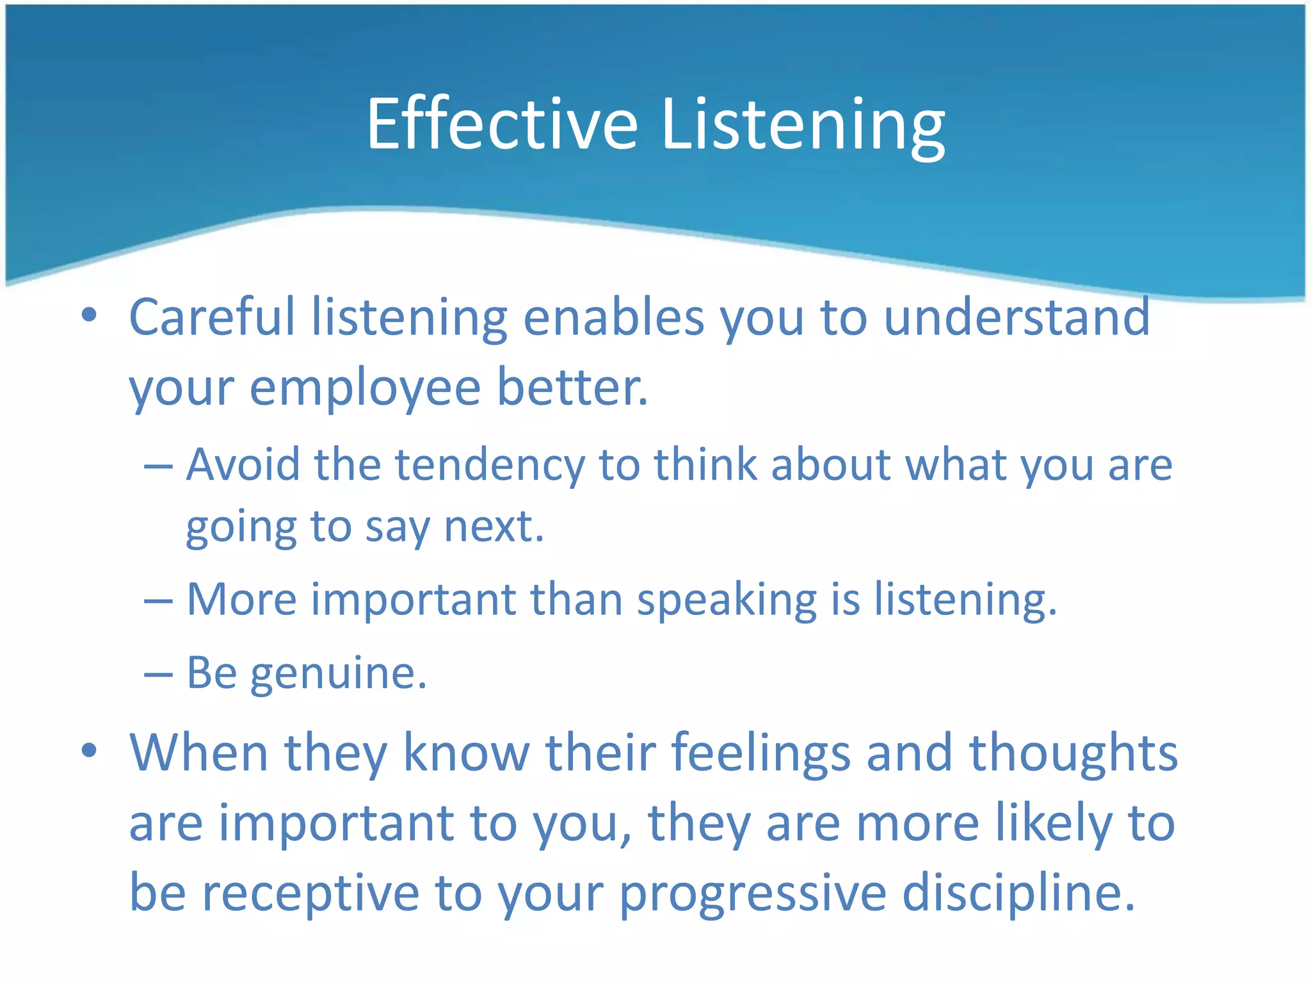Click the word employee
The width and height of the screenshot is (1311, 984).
[x=365, y=388]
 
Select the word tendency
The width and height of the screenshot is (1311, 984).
[x=490, y=465]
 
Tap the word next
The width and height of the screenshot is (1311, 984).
[x=494, y=527]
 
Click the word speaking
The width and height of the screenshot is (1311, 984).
[x=727, y=601]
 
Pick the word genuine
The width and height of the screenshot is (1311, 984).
[x=338, y=674]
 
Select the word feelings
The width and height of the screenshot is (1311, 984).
[x=761, y=753]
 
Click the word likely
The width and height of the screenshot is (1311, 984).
[x=1054, y=824]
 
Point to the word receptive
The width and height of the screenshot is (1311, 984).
[x=310, y=894]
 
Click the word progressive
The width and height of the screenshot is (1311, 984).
[x=753, y=894]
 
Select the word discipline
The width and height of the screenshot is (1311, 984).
[x=1018, y=893]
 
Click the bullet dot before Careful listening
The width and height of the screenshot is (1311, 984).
[x=89, y=315]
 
